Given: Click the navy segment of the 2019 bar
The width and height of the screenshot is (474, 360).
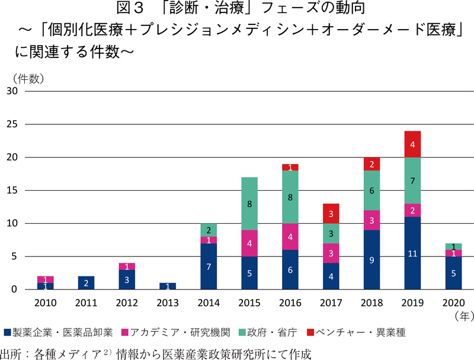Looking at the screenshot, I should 413,253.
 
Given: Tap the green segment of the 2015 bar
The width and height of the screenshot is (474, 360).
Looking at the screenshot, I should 249,204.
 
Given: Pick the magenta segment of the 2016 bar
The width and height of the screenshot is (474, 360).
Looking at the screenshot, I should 290,237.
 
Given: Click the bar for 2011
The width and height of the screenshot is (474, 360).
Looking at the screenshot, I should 86,283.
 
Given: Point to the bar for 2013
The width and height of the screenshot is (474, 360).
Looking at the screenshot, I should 168,287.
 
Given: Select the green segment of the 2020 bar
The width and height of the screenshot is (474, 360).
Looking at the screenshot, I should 454,246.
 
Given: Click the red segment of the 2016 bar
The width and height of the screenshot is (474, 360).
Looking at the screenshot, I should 290,167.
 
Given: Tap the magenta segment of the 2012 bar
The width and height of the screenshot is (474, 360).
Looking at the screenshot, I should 127,266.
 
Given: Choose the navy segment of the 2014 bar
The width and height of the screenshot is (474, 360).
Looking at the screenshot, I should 209,266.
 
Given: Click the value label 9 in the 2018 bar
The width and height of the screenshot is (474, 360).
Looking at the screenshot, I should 372,259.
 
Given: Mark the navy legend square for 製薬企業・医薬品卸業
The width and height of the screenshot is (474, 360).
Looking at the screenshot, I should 7,332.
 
